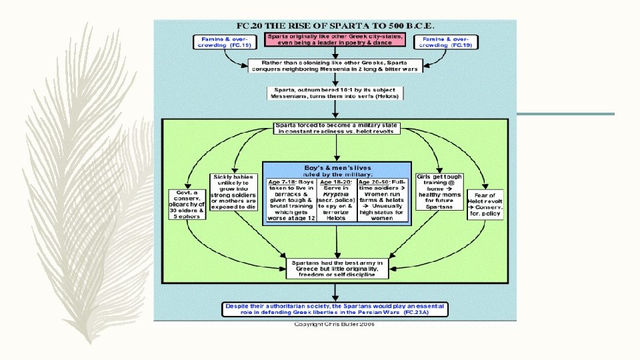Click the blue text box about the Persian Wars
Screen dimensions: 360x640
335,309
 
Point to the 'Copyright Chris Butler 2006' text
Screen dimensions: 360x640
335,324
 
